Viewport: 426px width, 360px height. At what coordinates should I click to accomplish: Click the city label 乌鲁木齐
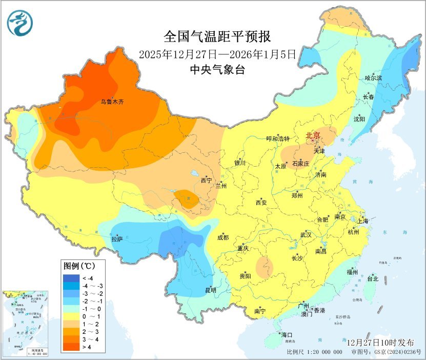(112, 102)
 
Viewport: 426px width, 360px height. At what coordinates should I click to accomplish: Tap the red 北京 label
(313, 136)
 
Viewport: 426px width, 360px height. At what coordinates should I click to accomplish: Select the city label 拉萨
(117, 239)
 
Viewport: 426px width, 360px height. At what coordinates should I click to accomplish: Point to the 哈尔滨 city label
(374, 78)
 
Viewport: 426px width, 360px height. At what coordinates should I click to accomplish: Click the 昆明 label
(210, 290)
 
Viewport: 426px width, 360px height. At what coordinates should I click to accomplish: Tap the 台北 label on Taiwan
(372, 279)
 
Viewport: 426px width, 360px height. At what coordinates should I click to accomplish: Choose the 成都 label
(223, 237)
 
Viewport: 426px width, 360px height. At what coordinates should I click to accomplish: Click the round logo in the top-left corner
(19, 23)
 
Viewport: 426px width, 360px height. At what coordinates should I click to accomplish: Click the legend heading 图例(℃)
(78, 266)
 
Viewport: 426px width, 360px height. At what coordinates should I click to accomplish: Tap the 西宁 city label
(206, 181)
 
